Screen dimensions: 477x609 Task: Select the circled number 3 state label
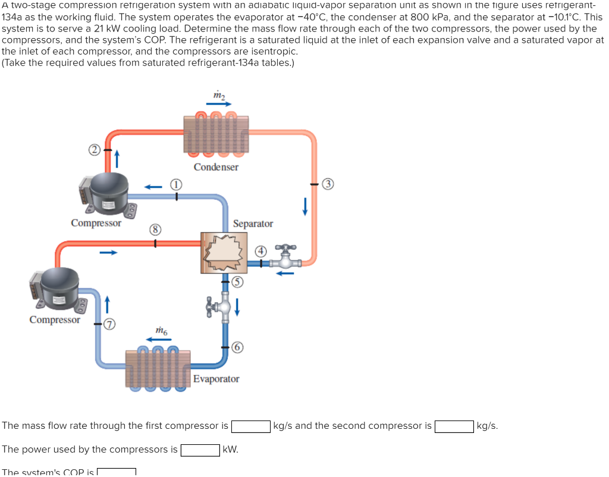coord(327,183)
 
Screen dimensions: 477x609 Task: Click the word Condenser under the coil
coord(216,167)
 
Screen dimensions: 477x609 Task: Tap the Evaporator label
coord(216,379)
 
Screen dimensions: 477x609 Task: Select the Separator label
coord(253,224)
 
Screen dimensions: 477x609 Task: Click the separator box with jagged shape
coord(224,253)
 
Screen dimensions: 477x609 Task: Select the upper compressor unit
coord(103,194)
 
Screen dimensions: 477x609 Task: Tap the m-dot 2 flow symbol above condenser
coord(219,96)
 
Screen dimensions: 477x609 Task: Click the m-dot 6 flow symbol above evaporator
coord(161,330)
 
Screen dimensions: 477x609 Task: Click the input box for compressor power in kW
coord(200,450)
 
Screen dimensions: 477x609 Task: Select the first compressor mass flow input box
coord(250,426)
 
